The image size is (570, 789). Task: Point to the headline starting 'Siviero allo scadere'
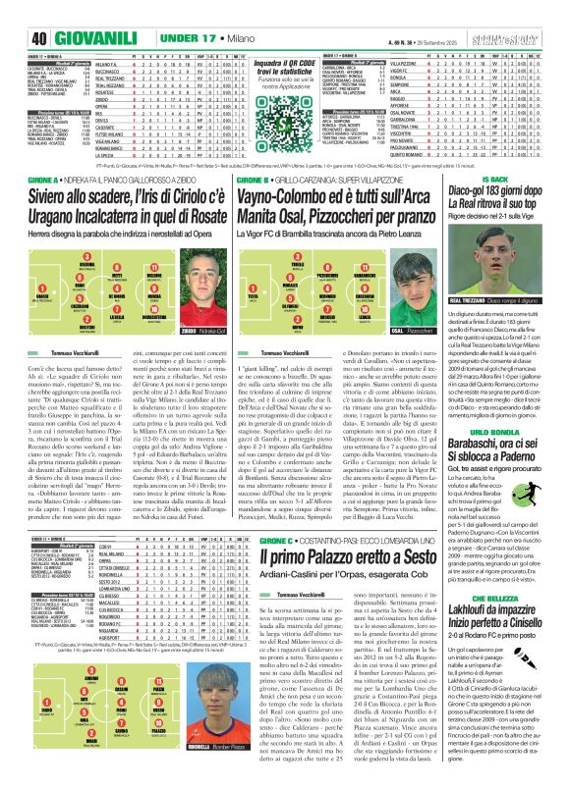(127, 212)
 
